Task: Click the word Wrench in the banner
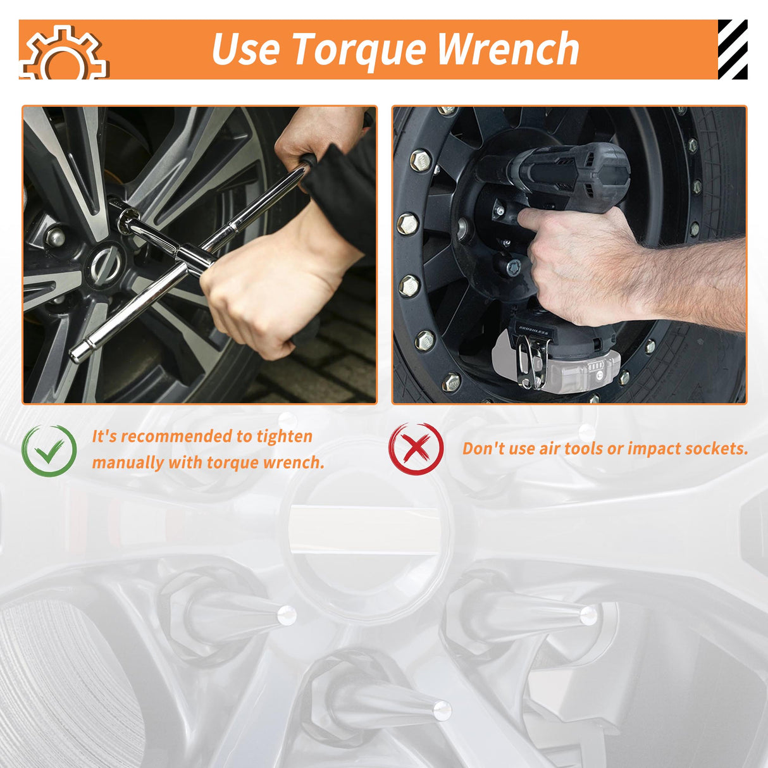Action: [x=509, y=49]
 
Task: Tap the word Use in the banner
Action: [x=245, y=49]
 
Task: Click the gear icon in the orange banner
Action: [x=64, y=53]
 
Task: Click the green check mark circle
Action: [x=49, y=451]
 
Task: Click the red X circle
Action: [x=416, y=449]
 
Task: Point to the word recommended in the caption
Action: [x=177, y=437]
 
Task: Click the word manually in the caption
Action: [x=128, y=462]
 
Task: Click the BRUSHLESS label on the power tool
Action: [x=534, y=331]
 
